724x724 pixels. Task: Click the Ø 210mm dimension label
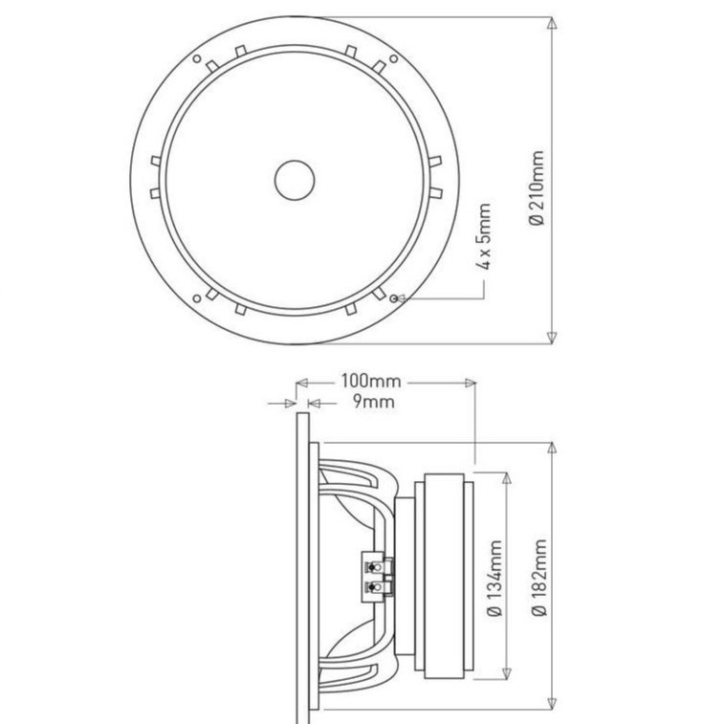[537, 187]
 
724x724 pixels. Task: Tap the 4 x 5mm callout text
[483, 236]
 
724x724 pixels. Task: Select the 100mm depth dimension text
[371, 381]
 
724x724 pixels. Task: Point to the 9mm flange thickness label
[374, 402]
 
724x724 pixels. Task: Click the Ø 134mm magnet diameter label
[495, 578]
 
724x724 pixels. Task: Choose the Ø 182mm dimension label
[538, 577]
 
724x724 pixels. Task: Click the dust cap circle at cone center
[295, 180]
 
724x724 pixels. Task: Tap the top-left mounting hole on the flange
[197, 58]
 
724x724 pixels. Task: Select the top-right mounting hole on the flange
[393, 58]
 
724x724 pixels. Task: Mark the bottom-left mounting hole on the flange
[197, 298]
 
